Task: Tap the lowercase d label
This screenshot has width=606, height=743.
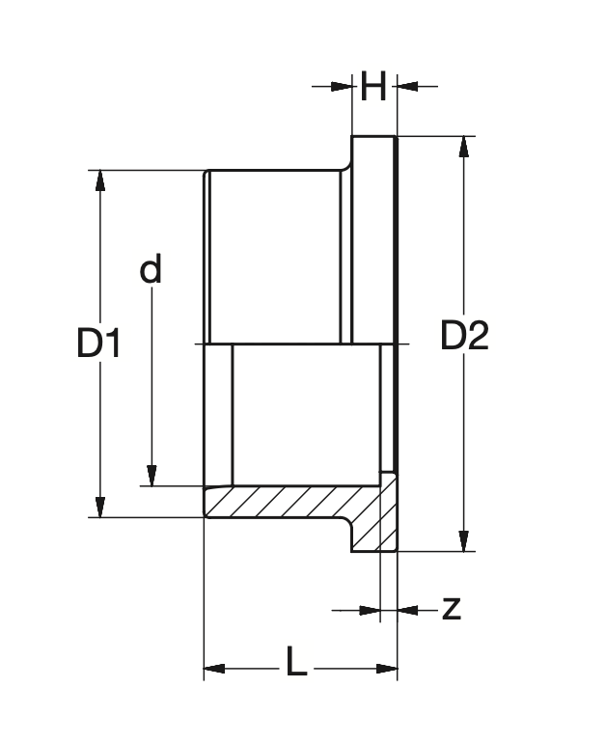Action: point(151,269)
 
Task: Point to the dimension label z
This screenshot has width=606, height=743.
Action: point(451,609)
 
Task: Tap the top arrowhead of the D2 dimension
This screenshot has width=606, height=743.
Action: point(465,146)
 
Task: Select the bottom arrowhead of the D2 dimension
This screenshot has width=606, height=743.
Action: point(465,541)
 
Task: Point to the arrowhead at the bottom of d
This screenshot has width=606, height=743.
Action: point(151,476)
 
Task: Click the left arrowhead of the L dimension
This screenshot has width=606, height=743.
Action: point(213,668)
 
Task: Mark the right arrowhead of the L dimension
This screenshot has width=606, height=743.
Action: point(388,668)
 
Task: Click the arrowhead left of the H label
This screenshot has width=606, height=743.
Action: point(341,87)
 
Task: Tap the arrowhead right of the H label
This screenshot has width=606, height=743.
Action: point(406,87)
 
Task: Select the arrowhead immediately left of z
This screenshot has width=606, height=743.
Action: point(371,609)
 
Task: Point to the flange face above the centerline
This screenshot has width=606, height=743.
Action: point(373,241)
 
